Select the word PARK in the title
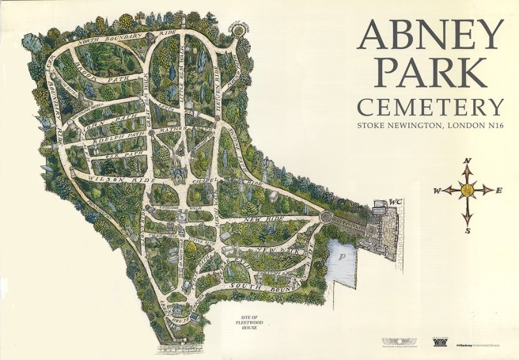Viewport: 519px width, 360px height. click(x=430, y=73)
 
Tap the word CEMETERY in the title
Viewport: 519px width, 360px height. click(x=430, y=107)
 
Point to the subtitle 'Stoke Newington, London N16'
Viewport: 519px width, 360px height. click(x=430, y=125)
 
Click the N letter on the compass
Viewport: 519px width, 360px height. click(x=467, y=161)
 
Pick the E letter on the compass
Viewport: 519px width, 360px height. click(x=499, y=190)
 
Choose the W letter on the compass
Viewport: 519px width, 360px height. click(x=436, y=191)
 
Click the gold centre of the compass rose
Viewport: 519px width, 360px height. click(x=467, y=190)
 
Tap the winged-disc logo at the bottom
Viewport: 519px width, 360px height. click(x=392, y=342)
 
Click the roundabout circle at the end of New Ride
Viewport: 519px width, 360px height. click(x=326, y=215)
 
